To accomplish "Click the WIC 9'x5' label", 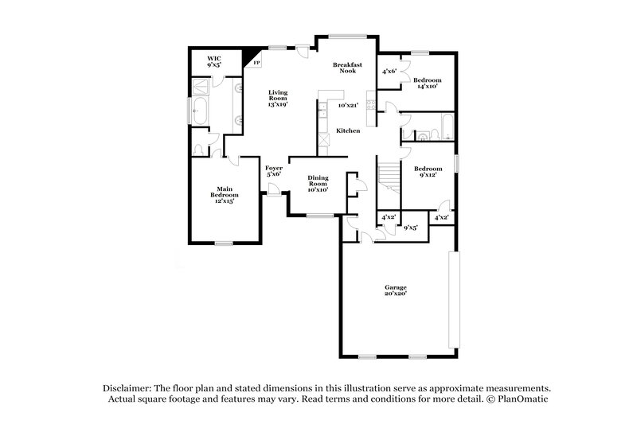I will pos(213,61).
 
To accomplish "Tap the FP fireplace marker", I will pos(256,62).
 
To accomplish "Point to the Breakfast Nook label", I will pos(347,68).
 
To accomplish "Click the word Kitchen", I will pos(348,130).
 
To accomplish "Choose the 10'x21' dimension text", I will pos(348,105).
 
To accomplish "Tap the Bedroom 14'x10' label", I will pos(426,84).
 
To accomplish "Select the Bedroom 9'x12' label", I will pos(428,173).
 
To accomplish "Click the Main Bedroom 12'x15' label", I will pos(223,193).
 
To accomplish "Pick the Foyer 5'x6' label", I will pos(273,171).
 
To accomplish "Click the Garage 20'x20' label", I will pos(396,290).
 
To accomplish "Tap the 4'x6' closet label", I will pos(389,72).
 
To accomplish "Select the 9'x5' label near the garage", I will pos(411,228).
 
